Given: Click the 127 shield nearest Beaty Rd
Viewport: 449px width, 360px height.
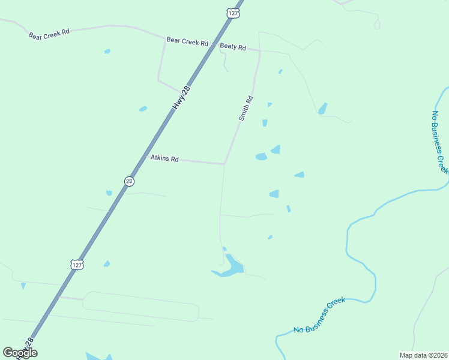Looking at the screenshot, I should pyautogui.click(x=233, y=12).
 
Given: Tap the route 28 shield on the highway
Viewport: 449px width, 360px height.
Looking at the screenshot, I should pyautogui.click(x=129, y=181).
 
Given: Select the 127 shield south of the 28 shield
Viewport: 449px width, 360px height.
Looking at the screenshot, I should pyautogui.click(x=76, y=265).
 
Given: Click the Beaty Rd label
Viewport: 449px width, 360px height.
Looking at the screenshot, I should pyautogui.click(x=233, y=46).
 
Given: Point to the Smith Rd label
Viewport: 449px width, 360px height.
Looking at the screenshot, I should pyautogui.click(x=246, y=109).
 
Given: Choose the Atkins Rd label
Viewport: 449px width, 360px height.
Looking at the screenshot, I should pyautogui.click(x=164, y=159).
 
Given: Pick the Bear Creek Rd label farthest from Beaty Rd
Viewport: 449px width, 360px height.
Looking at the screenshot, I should pyautogui.click(x=49, y=33).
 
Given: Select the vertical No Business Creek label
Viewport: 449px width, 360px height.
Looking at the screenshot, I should pyautogui.click(x=440, y=142).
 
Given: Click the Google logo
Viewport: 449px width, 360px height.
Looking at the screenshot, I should pyautogui.click(x=20, y=353).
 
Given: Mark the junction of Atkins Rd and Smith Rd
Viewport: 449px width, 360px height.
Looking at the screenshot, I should pyautogui.click(x=224, y=163).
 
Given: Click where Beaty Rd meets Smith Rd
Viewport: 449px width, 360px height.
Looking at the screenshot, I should pyautogui.click(x=259, y=51).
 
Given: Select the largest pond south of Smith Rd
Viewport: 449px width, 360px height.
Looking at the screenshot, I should pyautogui.click(x=231, y=267).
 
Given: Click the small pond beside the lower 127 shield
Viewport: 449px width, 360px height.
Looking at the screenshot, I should pyautogui.click(x=107, y=263).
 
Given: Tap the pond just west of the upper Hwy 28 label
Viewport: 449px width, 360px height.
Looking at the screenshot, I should pyautogui.click(x=143, y=109).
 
